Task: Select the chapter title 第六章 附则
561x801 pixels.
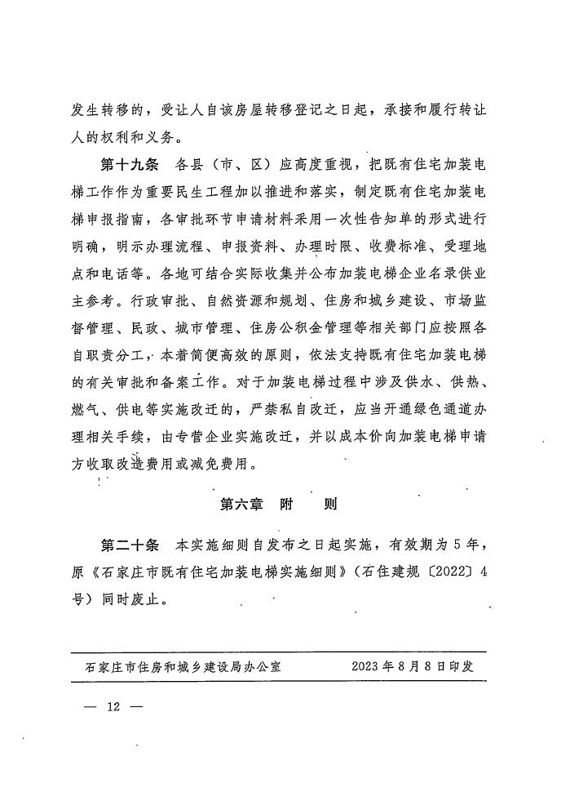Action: click(278, 504)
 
